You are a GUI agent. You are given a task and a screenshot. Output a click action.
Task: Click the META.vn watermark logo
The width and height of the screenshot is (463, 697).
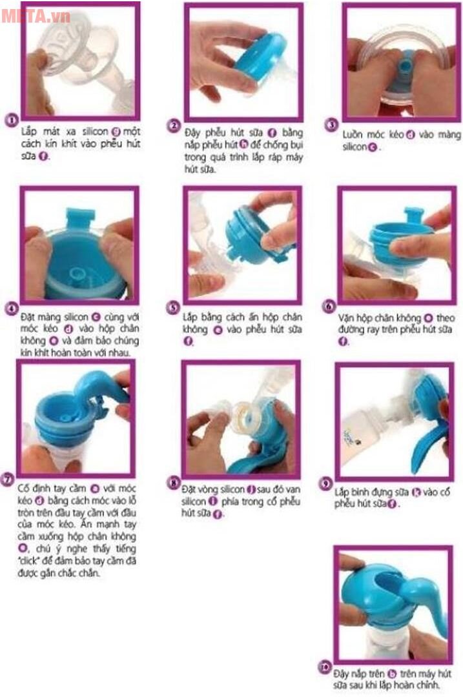(35, 15)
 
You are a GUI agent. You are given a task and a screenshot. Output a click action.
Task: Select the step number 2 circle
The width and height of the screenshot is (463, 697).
(173, 125)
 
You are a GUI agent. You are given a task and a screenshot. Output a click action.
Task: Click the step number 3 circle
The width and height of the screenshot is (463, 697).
(332, 125)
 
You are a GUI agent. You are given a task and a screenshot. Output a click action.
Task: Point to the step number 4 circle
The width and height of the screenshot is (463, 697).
(11, 308)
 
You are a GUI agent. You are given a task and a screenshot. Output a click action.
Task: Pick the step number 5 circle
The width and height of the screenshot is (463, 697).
(172, 308)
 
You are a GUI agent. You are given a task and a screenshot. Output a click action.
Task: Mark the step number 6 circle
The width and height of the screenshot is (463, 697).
(329, 307)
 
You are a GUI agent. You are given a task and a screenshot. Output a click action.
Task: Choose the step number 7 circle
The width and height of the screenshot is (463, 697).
(8, 479)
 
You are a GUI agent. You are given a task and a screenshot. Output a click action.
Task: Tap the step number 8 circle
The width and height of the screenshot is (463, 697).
(172, 481)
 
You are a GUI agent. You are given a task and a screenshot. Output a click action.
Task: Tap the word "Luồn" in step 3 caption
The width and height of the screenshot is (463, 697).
(355, 135)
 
